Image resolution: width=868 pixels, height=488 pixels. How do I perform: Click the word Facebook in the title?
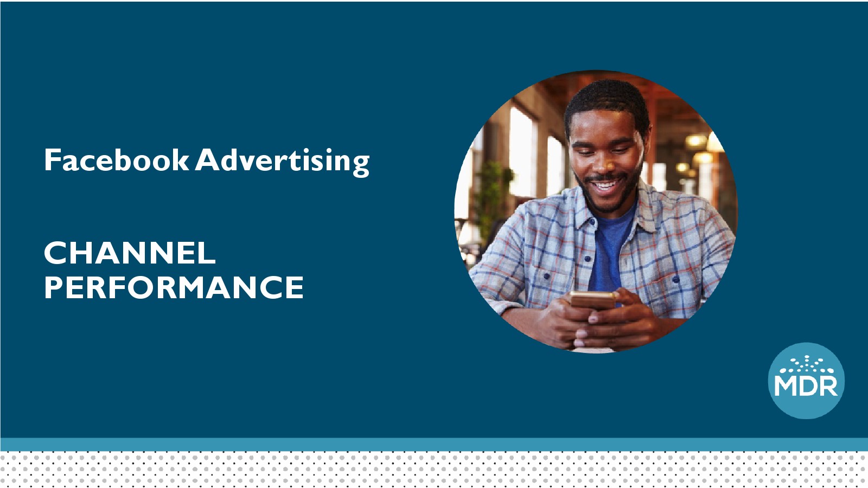tap(116, 159)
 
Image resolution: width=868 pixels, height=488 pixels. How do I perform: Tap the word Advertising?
tap(282, 162)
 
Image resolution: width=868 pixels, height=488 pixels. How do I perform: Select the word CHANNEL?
tap(130, 253)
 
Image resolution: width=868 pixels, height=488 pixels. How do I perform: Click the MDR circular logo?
tap(806, 381)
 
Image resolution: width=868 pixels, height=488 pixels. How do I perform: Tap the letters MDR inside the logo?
tap(806, 386)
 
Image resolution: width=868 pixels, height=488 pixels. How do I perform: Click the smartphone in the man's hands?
tap(593, 300)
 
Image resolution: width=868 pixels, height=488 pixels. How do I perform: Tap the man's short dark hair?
tap(607, 101)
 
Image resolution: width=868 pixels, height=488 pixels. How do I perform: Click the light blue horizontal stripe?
tap(434, 444)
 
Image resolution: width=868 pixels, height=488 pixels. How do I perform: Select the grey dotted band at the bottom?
tap(434, 470)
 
